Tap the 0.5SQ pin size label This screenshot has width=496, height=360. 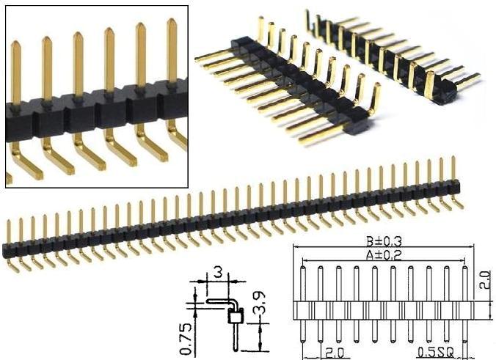435,352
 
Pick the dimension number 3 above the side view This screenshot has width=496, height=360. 217,272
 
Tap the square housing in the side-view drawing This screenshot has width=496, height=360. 236,317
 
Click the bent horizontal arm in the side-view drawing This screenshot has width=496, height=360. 218,300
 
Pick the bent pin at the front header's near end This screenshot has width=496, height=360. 375,100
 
